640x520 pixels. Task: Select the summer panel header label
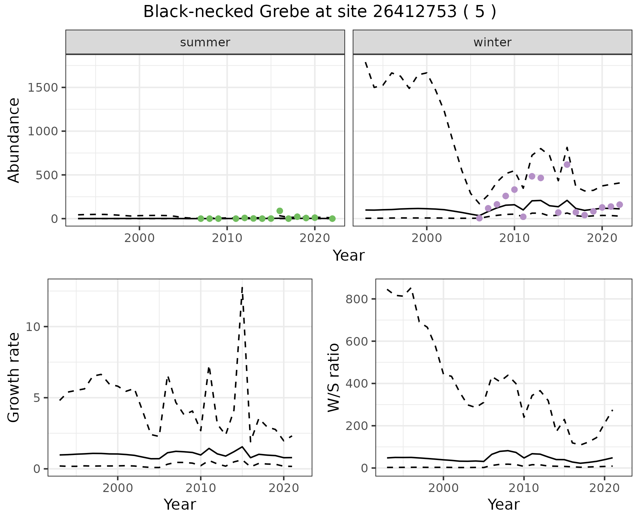coord(205,42)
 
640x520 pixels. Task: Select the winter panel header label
coord(492,42)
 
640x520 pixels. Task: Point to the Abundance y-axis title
coord(14,140)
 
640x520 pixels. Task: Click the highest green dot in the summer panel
coord(280,211)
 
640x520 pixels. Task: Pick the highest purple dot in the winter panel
coord(567,164)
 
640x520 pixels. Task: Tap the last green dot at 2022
coord(332,219)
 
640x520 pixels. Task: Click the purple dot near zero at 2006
coord(479,218)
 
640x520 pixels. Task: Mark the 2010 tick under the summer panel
coord(227,238)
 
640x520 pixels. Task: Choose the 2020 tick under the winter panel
coord(602,238)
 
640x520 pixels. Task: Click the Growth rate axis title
coord(14,377)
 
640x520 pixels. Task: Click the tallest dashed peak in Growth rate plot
coord(242,288)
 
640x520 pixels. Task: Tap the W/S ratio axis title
coord(334,377)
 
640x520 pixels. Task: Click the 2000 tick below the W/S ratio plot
coord(443,488)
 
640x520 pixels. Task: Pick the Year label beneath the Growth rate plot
coord(180,504)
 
